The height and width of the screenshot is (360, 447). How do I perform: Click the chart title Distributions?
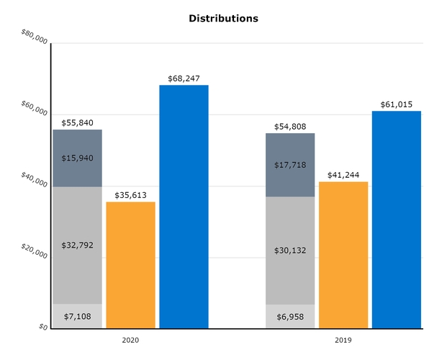pyautogui.click(x=223, y=18)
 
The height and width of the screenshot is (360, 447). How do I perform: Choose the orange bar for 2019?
pyautogui.click(x=343, y=255)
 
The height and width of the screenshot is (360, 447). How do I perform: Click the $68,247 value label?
pyautogui.click(x=184, y=78)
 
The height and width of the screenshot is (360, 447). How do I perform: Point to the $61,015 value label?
pyautogui.click(x=397, y=104)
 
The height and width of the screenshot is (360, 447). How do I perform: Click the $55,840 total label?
pyautogui.click(x=77, y=122)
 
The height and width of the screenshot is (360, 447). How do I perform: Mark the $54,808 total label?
pyautogui.click(x=290, y=126)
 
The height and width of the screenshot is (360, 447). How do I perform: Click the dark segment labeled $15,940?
pyautogui.click(x=77, y=158)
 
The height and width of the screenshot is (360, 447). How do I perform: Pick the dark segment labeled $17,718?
pyautogui.click(x=290, y=165)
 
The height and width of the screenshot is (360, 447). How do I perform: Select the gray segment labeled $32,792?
pyautogui.click(x=77, y=245)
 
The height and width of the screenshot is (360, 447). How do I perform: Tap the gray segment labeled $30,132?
pyautogui.click(x=290, y=250)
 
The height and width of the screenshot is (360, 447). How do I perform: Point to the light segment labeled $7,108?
pyautogui.click(x=77, y=316)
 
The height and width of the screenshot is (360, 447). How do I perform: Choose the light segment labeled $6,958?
pyautogui.click(x=290, y=316)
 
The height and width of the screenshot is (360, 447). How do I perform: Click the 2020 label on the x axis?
pyautogui.click(x=130, y=338)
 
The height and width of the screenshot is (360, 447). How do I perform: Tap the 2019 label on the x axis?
pyautogui.click(x=343, y=338)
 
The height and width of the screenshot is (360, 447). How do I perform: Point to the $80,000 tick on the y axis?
pyautogui.click(x=35, y=37)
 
